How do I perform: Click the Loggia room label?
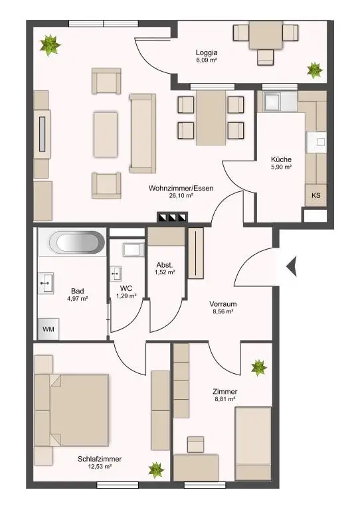(x=207, y=52)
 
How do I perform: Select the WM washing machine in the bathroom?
(x=48, y=328)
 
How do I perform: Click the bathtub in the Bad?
(x=77, y=242)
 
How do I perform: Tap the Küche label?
(x=281, y=159)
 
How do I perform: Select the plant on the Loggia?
(x=313, y=70)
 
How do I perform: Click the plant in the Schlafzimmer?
(x=155, y=471)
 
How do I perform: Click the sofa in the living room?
(x=141, y=132)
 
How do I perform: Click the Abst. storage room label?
(x=165, y=263)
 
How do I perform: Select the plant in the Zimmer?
(x=258, y=367)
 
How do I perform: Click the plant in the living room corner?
(x=48, y=45)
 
